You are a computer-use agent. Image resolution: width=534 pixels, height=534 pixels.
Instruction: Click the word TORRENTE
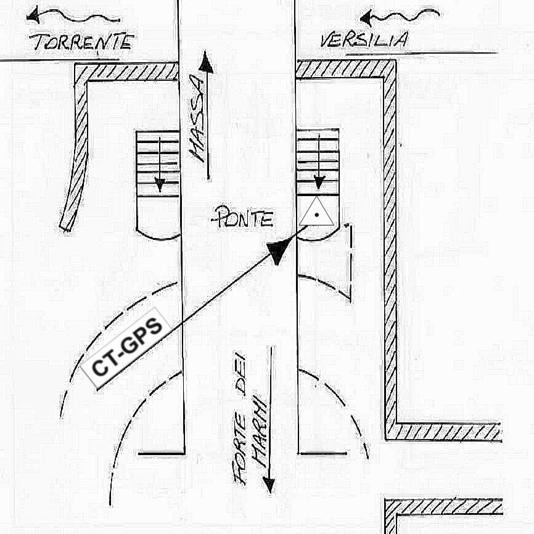click(x=83, y=42)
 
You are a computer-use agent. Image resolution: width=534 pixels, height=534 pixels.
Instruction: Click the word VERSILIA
click(x=363, y=41)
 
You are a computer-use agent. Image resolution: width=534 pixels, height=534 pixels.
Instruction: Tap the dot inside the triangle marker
click(x=316, y=214)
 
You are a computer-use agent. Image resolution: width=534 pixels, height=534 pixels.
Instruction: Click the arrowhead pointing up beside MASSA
click(x=206, y=63)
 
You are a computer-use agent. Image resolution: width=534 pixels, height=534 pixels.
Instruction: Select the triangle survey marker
click(x=316, y=212)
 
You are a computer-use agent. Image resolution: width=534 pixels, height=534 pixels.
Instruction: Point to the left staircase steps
click(x=158, y=163)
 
